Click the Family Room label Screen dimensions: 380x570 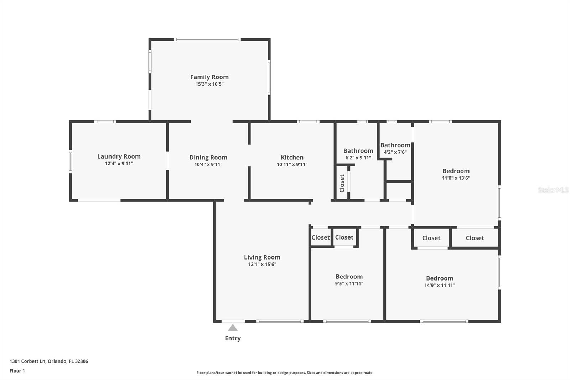point(209,77)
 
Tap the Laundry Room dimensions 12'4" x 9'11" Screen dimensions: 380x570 point(119,164)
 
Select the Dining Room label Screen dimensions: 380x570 point(208,157)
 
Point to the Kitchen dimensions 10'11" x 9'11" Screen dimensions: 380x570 point(292,164)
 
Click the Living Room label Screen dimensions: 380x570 point(262,257)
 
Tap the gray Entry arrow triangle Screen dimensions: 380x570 point(233,328)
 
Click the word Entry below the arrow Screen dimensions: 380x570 point(233,338)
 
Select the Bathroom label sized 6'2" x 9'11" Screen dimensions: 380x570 point(358,151)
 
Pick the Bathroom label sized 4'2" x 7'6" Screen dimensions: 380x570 point(395,145)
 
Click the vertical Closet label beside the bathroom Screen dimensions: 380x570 point(342,183)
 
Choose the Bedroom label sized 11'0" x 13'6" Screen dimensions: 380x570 point(456,171)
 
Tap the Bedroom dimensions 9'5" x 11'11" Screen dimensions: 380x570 point(349,284)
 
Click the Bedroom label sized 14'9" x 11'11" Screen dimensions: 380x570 point(439,278)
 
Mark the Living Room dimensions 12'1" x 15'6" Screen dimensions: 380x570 point(262,264)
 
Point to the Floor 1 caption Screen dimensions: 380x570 point(17,371)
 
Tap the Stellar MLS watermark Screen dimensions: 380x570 point(553,190)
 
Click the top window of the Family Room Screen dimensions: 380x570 point(207,40)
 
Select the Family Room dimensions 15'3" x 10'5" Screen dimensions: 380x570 point(209,84)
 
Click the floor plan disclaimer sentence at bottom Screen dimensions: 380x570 point(285,373)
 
